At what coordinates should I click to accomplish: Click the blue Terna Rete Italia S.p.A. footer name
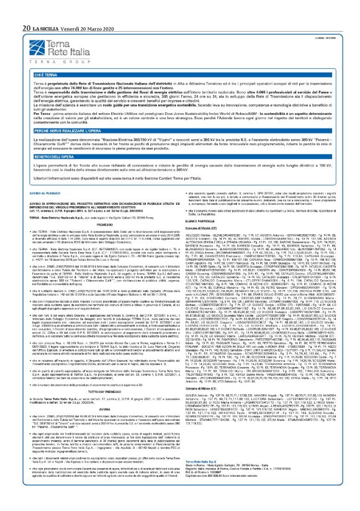pyautogui.click(x=209, y=479)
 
